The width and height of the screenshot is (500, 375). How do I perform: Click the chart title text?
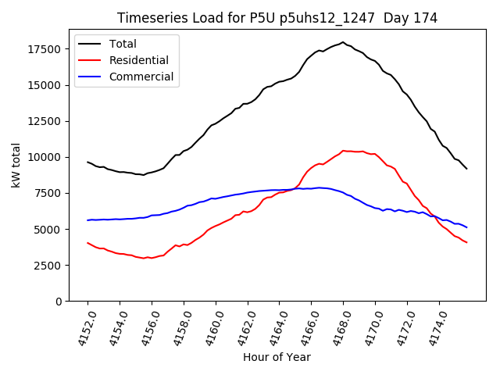click(277, 18)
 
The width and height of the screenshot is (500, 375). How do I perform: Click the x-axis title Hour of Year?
click(277, 357)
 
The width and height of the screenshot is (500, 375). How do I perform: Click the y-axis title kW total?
click(16, 165)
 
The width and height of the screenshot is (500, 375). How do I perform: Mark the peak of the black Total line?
click(343, 42)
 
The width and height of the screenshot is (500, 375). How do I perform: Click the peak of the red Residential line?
click(343, 151)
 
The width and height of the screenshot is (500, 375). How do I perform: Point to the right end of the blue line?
click(467, 227)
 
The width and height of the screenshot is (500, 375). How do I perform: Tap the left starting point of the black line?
click(87, 162)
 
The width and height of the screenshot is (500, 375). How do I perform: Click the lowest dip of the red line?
click(145, 258)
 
